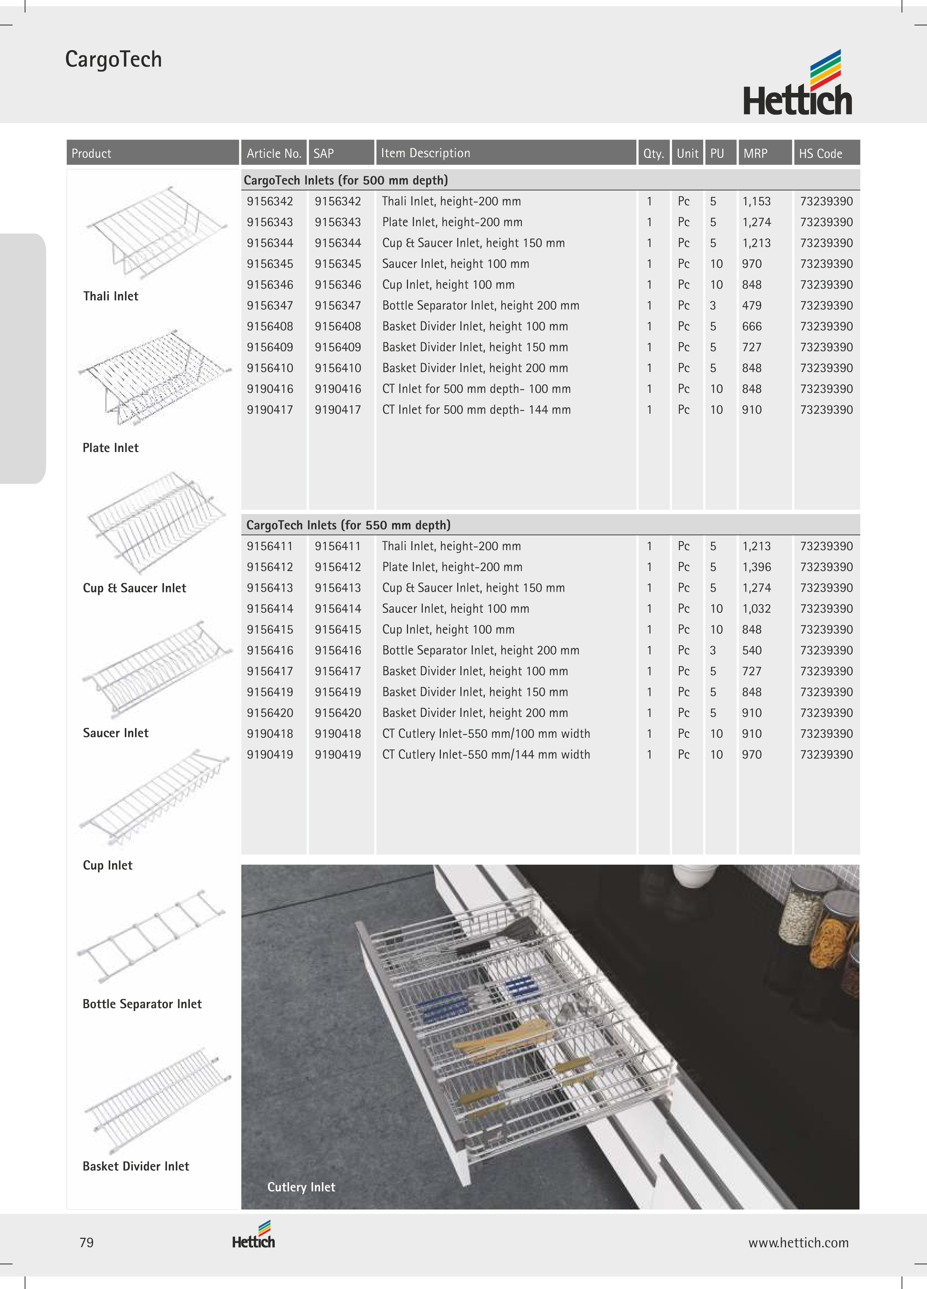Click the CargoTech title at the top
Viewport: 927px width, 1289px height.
113,59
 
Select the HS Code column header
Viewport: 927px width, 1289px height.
820,153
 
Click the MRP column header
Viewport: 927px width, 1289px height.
755,153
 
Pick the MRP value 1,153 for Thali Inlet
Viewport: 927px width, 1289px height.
756,201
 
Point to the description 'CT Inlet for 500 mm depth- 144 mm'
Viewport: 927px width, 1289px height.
476,410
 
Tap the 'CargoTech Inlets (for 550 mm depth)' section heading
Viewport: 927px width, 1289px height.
348,525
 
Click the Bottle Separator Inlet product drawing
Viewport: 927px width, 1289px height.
152,935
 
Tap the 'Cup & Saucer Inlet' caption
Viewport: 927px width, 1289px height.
134,588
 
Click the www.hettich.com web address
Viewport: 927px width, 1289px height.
798,1243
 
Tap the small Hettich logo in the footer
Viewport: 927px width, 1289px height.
253,1236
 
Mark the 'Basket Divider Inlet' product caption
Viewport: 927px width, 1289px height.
135,1166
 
